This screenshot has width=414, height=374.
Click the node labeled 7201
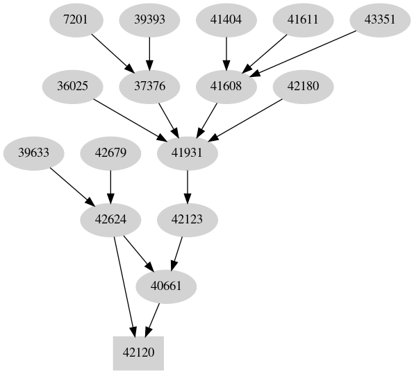click(76, 19)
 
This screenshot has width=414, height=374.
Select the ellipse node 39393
click(149, 19)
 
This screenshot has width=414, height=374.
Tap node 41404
click(226, 19)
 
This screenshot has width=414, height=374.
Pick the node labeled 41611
click(303, 19)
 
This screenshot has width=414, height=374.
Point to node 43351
click(380, 19)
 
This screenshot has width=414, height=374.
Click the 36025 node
click(72, 86)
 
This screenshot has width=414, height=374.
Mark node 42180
click(303, 86)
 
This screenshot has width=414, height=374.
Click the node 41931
click(188, 153)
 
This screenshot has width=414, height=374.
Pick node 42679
click(110, 153)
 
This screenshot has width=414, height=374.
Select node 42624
click(110, 219)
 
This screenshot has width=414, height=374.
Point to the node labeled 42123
click(188, 219)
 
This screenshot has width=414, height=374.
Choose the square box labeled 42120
click(138, 352)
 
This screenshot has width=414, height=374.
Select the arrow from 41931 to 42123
click(188, 186)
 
